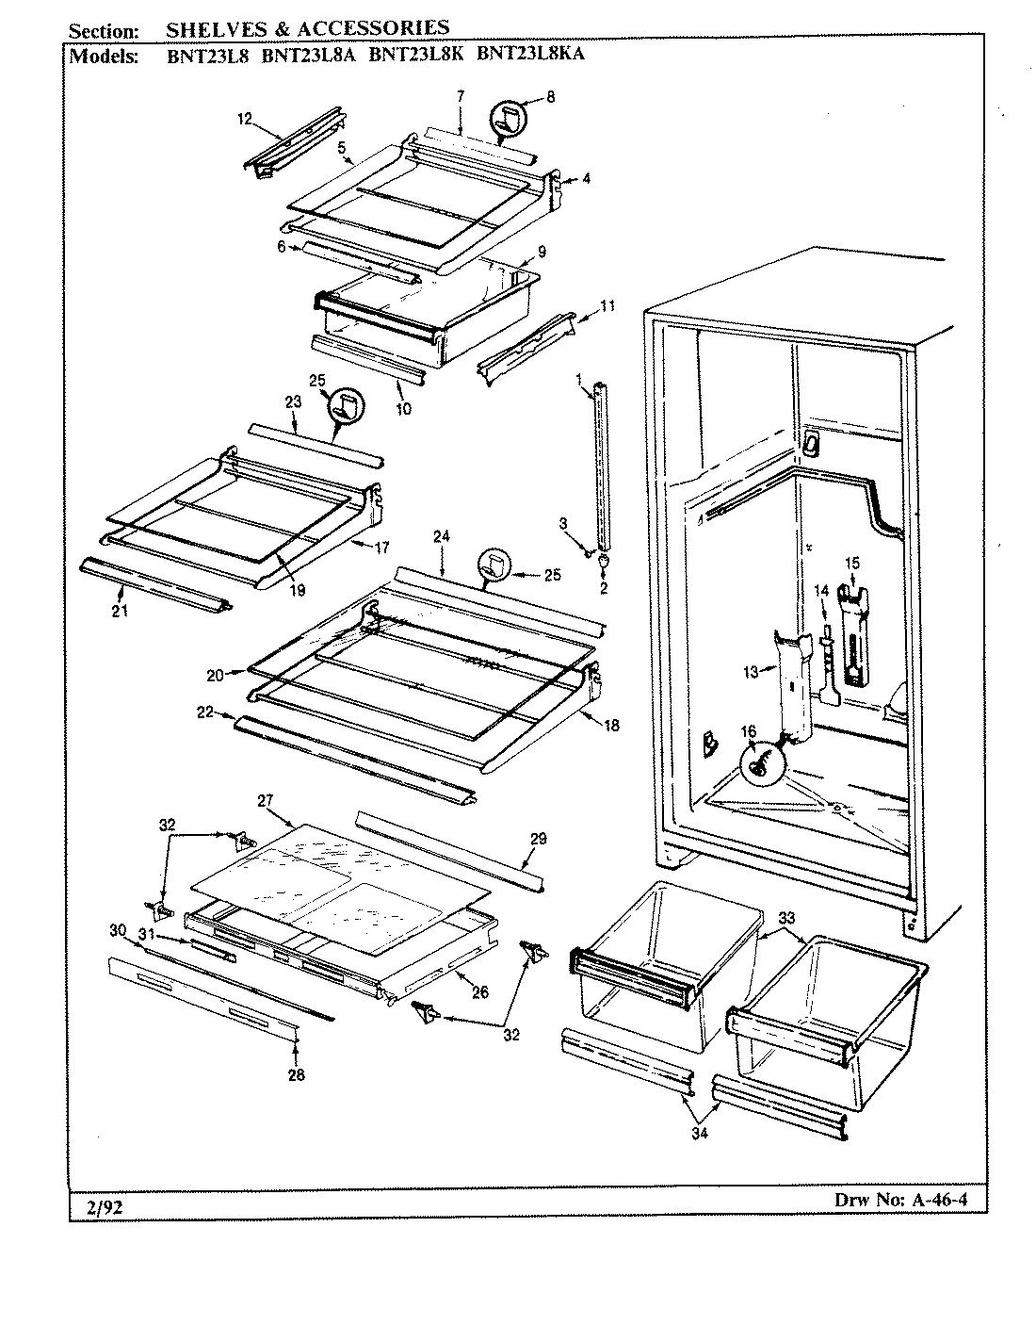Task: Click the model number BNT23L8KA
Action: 530,54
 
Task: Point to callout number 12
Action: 245,119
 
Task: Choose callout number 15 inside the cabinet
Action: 851,564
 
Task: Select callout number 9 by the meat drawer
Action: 542,251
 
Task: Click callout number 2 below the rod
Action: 604,588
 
